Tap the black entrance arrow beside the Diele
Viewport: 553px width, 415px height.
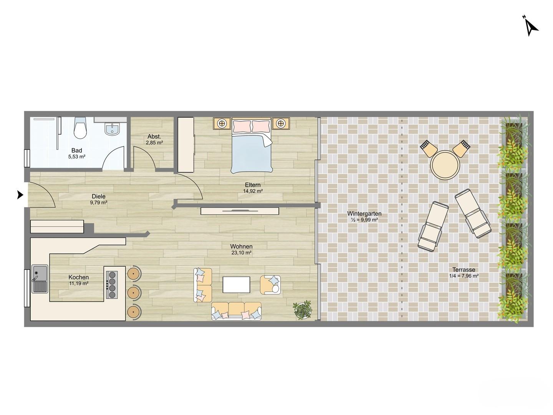[x=20, y=195]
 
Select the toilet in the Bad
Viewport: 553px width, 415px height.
[x=80, y=128]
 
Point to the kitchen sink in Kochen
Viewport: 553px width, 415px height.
[x=40, y=279]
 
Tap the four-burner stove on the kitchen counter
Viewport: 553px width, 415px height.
[x=112, y=284]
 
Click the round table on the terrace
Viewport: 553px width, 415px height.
[x=445, y=165]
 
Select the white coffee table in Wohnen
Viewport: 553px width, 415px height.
[x=236, y=284]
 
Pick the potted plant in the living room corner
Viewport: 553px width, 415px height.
[x=302, y=310]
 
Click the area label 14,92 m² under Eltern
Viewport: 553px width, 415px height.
[x=253, y=191]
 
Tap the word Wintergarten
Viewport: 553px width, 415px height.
[x=364, y=213]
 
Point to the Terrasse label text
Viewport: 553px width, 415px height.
[x=464, y=270]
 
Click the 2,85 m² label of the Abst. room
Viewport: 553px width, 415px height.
[x=154, y=143]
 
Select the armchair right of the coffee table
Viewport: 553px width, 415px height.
[x=270, y=285]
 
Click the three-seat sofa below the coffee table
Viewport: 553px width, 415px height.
[x=236, y=311]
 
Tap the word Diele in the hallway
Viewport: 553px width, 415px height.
[x=99, y=196]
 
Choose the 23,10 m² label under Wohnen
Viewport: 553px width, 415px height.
[x=241, y=252]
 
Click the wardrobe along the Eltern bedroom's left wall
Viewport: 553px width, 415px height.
[x=185, y=145]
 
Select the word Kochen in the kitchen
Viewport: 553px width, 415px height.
[x=79, y=277]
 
